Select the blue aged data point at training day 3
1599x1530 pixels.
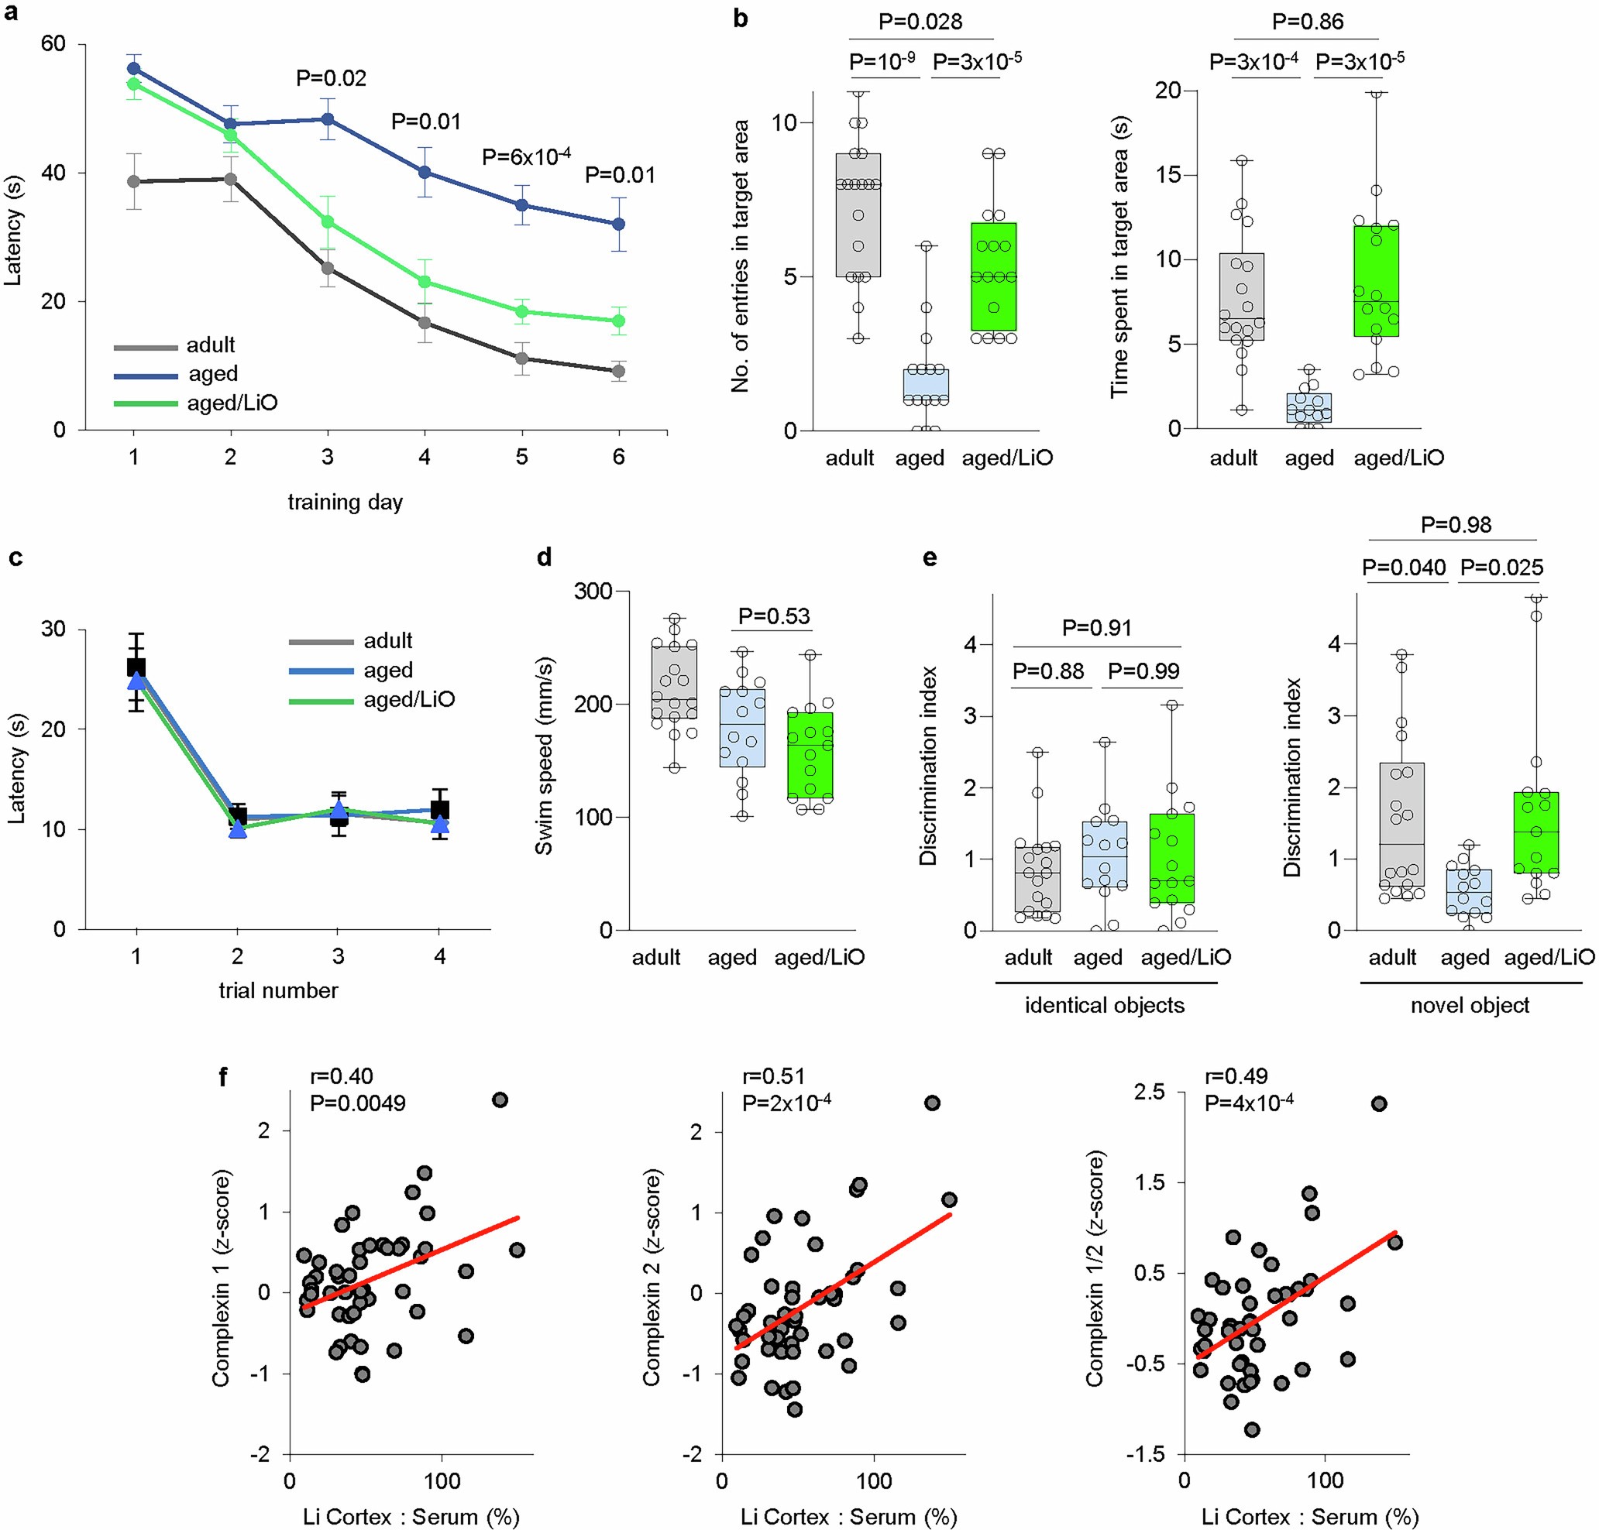327,119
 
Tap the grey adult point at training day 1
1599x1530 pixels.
134,182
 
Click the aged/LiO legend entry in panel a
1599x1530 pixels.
232,403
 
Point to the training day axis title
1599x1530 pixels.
345,502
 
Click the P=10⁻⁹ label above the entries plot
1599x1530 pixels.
882,61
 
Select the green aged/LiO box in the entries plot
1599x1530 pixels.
993,276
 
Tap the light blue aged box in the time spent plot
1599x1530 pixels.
1308,408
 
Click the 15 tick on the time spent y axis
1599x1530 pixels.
1171,174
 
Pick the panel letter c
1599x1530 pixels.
15,557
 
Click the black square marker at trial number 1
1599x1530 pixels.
136,667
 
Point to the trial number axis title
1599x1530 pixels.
278,990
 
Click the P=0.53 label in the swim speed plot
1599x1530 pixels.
773,616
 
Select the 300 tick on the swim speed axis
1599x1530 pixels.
593,592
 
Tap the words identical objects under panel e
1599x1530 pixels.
1105,1005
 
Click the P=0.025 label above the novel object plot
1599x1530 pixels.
1501,568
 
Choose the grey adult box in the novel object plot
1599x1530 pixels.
1401,824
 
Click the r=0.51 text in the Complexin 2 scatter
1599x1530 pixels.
774,1076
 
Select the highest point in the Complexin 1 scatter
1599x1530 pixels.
500,1100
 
